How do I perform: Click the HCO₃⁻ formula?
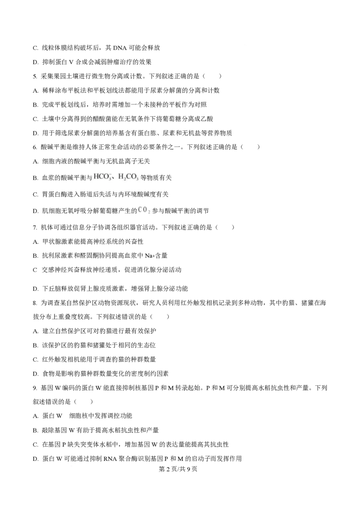[102, 177]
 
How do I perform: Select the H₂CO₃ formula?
[129, 177]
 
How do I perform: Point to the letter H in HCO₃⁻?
[96, 177]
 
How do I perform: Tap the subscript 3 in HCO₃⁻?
[109, 179]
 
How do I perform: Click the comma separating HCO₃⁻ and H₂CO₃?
[114, 178]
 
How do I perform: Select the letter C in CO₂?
[140, 210]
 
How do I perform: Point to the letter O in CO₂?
[144, 210]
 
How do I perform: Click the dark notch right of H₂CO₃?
[143, 177]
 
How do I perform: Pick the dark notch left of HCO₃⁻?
[91, 178]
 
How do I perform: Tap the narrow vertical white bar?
[38, 275]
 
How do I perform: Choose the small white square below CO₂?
[129, 288]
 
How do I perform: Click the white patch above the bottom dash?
[66, 413]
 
